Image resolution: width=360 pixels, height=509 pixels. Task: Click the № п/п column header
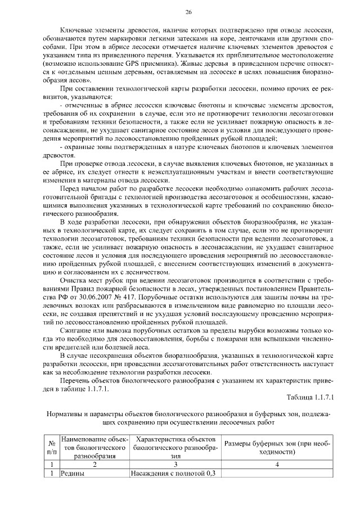click(x=51, y=447)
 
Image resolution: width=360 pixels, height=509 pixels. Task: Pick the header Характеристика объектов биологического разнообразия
click(x=175, y=447)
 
